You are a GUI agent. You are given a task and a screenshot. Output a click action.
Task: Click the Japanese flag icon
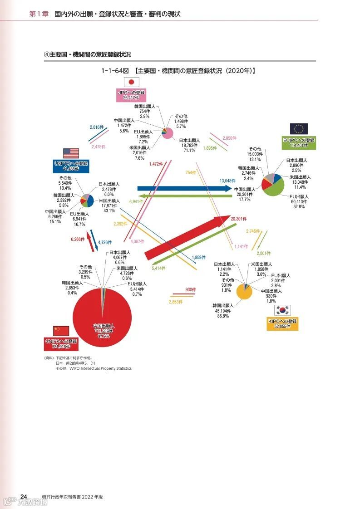click(132, 82)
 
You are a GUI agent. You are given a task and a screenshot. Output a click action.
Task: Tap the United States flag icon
click(71, 153)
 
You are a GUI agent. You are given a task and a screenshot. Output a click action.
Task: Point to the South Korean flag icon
click(282, 310)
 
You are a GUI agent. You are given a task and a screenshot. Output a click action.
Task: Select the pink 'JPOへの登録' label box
click(131, 95)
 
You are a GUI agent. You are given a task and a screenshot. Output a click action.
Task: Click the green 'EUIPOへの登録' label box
click(298, 143)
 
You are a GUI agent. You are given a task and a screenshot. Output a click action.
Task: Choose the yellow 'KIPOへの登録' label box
click(282, 324)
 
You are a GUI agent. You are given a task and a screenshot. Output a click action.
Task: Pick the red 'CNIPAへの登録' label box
click(61, 344)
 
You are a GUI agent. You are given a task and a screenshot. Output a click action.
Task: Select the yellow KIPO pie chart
click(244, 291)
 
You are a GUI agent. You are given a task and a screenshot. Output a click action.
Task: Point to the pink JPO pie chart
click(168, 133)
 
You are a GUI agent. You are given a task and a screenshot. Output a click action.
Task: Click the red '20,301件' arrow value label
click(238, 219)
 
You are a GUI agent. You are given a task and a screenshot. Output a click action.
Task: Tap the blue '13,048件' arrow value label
click(227, 181)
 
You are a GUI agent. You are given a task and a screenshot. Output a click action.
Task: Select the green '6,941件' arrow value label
click(136, 201)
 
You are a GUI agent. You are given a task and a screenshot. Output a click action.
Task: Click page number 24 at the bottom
click(24, 496)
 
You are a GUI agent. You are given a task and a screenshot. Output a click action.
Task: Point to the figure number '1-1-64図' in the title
click(116, 71)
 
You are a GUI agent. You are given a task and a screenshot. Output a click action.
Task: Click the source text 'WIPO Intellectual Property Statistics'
click(100, 368)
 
